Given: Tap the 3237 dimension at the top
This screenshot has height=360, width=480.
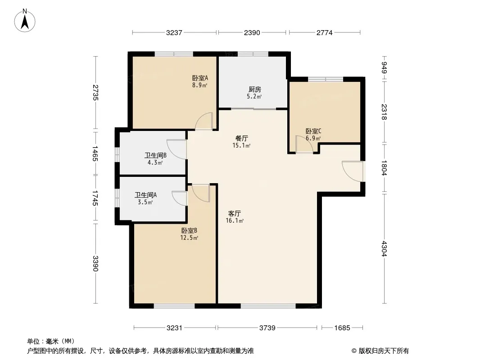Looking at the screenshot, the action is (x=174, y=32).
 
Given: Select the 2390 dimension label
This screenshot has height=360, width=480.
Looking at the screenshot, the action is (x=252, y=32).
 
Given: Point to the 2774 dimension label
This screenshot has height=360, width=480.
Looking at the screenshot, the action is (x=325, y=32).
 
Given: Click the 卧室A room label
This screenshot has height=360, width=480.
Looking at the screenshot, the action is (x=200, y=78).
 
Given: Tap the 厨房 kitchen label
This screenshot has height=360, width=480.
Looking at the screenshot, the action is (x=255, y=89).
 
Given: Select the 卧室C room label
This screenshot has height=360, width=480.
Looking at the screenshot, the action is (x=313, y=131).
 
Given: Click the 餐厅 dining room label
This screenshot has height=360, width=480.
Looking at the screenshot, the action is (x=241, y=138).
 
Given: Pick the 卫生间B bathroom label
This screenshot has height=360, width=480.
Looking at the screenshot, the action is (x=155, y=155).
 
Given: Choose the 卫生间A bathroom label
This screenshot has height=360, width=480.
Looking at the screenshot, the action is (x=146, y=195).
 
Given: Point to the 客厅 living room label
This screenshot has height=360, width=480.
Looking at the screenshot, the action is (x=235, y=213).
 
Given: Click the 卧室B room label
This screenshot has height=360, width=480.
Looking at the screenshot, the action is (x=189, y=230).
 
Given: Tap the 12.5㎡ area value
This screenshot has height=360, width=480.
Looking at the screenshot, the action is (x=189, y=238).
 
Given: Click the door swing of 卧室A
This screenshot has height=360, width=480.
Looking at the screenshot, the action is (x=204, y=121).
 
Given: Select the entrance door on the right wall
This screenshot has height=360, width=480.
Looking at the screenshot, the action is (x=353, y=171).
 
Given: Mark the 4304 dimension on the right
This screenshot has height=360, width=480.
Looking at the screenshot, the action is (x=385, y=249).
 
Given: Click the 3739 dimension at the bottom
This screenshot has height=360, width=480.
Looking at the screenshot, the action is (x=267, y=328).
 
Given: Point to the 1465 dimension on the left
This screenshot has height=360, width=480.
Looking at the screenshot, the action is (x=95, y=153).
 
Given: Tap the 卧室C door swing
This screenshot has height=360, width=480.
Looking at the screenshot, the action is (x=304, y=144).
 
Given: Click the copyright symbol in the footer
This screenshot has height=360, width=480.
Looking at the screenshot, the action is (x=354, y=351).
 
